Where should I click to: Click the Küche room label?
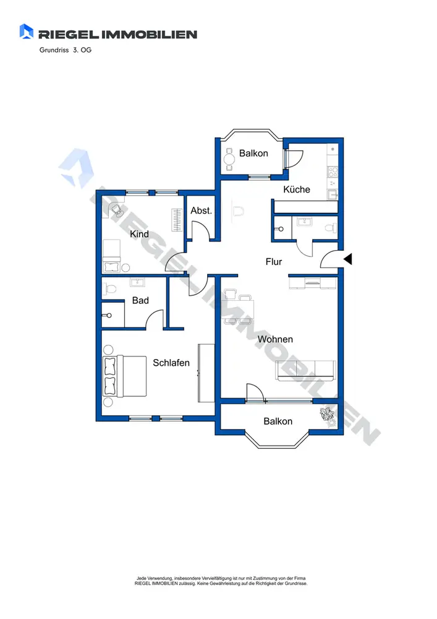pos(296,189)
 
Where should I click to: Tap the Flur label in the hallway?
pos(274,262)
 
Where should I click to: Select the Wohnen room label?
pos(275,339)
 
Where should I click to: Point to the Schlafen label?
pos(171,363)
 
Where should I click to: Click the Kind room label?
pos(140,234)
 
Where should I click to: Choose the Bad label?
pos(140,300)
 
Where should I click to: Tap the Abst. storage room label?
pos(202,211)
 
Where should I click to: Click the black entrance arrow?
pos(347,259)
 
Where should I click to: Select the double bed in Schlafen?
pos(124,376)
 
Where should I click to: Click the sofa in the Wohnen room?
pos(305,371)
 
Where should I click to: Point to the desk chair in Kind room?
pos(117,210)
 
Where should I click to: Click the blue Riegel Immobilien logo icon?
pos(27,32)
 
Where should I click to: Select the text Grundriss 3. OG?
pos(66,50)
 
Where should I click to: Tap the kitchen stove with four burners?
pos(333,171)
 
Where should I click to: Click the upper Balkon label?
pos(253,153)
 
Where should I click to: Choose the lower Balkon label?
pos(278,422)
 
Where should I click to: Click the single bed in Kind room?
pos(111,256)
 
